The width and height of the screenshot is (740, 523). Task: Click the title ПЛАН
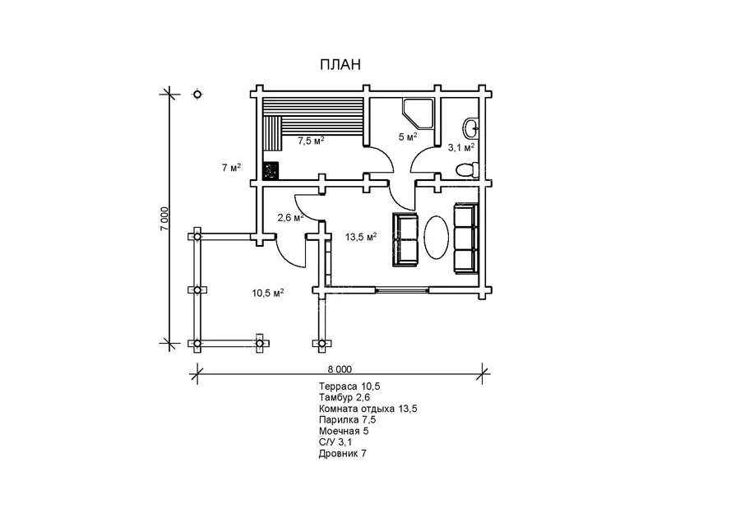pyautogui.click(x=340, y=65)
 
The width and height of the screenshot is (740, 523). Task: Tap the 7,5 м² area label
pyautogui.click(x=310, y=141)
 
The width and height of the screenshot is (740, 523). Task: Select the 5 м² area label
pyautogui.click(x=408, y=137)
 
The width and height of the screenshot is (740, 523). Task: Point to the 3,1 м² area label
pyautogui.click(x=460, y=148)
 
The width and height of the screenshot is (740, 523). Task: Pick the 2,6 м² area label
pyautogui.click(x=290, y=218)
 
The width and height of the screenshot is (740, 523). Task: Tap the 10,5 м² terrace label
pyautogui.click(x=268, y=292)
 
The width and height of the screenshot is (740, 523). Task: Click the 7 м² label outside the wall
pyautogui.click(x=230, y=169)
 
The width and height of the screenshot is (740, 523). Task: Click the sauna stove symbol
pyautogui.click(x=270, y=170)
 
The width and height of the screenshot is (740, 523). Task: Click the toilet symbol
pyautogui.click(x=466, y=169)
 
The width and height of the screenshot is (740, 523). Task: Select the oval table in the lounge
pyautogui.click(x=437, y=237)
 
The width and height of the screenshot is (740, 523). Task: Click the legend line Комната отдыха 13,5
pyautogui.click(x=369, y=408)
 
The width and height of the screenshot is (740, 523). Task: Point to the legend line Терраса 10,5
pyautogui.click(x=349, y=386)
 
